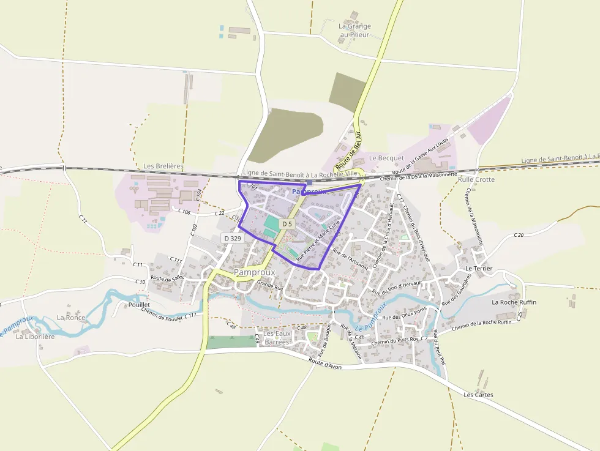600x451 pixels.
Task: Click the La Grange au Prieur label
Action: pyautogui.click(x=354, y=31)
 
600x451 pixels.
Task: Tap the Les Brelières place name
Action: pyautogui.click(x=163, y=166)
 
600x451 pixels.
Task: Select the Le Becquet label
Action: pyautogui.click(x=386, y=158)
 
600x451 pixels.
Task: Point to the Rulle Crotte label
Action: pyautogui.click(x=476, y=179)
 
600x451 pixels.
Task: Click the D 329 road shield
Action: pyautogui.click(x=233, y=237)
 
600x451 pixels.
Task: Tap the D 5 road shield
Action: pyautogui.click(x=287, y=225)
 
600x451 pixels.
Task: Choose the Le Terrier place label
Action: pyautogui.click(x=479, y=268)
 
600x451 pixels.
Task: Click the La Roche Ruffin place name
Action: pyautogui.click(x=514, y=302)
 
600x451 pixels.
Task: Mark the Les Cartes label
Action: pyautogui.click(x=479, y=395)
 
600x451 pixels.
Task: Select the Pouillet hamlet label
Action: pyautogui.click(x=139, y=304)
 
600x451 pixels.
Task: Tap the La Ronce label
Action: pyautogui.click(x=71, y=318)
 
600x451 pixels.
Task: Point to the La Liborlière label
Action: pyautogui.click(x=35, y=336)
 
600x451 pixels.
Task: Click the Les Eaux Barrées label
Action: pyautogui.click(x=277, y=338)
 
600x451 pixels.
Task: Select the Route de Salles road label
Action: pyautogui.click(x=167, y=278)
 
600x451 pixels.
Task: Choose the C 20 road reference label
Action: pyautogui.click(x=519, y=235)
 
